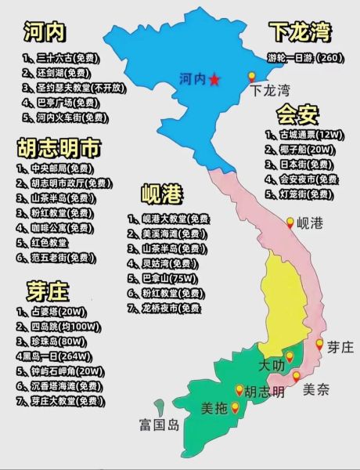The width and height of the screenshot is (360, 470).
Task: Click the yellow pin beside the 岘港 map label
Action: pos(290,222)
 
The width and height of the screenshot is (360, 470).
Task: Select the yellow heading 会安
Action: pos(298,114)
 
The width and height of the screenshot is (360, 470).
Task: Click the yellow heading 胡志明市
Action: pos(59,148)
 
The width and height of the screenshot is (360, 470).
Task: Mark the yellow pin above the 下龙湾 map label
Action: pos(252,77)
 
